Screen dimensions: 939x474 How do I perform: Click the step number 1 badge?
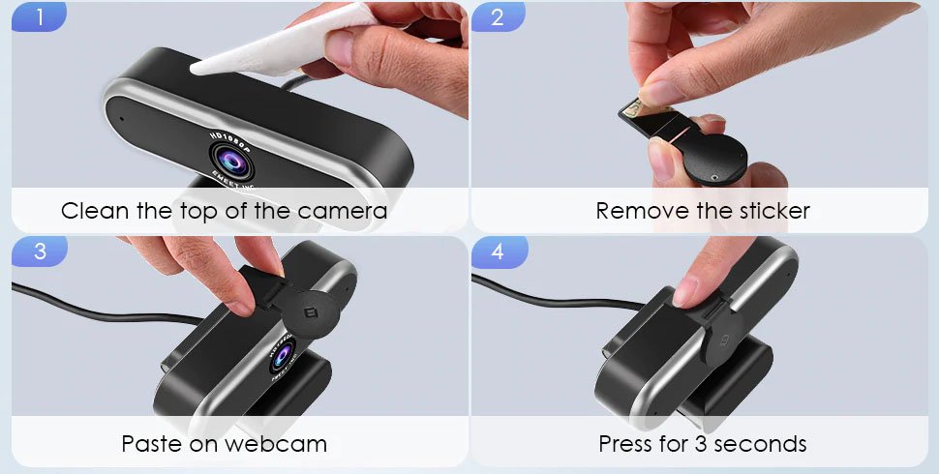39,16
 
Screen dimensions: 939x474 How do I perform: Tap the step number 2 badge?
498,16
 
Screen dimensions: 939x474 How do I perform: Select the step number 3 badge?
39,251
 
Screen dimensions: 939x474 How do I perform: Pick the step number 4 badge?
499,251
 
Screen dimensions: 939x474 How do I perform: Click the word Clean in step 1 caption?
95,211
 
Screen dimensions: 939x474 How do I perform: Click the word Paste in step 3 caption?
152,444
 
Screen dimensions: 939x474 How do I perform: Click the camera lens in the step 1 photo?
231,162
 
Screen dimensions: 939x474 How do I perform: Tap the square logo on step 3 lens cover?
310,311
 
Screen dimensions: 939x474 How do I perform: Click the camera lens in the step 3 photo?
282,357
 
